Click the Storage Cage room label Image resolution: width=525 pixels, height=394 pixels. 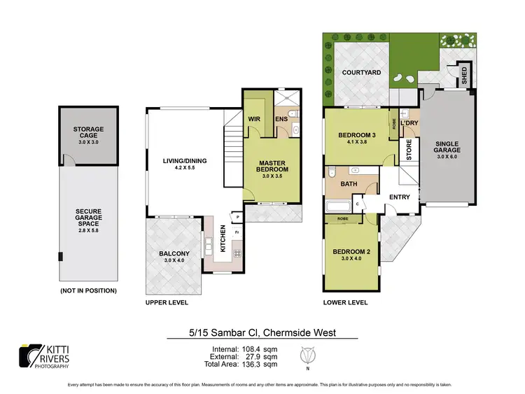[88, 133]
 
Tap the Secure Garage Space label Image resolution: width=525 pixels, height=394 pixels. [88, 218]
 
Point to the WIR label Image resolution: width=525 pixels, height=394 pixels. [254, 119]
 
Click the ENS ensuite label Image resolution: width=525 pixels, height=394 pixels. [281, 119]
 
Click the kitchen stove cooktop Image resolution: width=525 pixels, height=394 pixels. [237, 253]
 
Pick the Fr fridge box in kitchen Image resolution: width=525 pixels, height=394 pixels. [237, 232]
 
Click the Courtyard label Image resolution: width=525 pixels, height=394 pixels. [361, 72]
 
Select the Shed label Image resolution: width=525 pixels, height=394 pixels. [464, 74]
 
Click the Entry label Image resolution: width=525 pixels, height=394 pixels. [399, 197]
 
